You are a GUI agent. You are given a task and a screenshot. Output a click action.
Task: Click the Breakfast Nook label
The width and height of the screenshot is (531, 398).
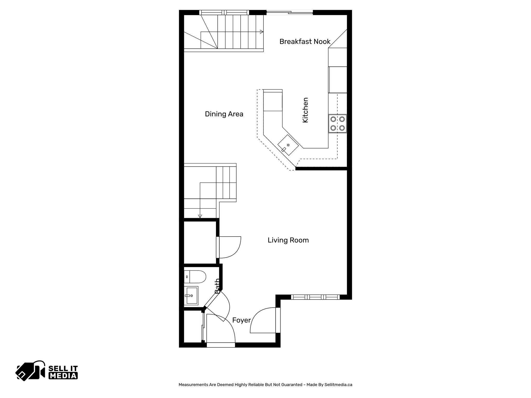(x=305, y=41)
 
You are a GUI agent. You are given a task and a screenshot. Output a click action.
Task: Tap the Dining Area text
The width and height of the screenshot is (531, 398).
(x=224, y=114)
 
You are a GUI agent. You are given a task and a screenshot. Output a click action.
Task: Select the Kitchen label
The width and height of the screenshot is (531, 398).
(x=305, y=110)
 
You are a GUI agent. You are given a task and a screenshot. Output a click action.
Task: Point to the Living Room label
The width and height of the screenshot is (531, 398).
(x=288, y=240)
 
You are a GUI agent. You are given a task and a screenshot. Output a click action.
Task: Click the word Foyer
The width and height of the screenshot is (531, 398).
(x=241, y=320)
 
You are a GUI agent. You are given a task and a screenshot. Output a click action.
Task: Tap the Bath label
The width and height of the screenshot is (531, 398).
(x=217, y=286)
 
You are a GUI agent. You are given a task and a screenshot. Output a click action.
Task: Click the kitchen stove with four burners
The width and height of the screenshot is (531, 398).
(x=338, y=124)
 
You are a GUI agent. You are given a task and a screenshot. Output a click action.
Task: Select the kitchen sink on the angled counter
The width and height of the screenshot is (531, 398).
(x=288, y=145)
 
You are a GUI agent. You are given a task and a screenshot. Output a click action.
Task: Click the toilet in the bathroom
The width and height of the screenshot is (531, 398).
(x=195, y=277)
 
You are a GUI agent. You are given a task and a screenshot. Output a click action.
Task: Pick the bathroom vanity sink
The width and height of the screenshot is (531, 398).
(x=191, y=295)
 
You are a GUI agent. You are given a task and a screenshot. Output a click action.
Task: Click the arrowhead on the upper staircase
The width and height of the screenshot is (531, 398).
(x=262, y=32)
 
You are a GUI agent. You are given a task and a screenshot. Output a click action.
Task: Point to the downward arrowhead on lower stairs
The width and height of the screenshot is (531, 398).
(x=200, y=216)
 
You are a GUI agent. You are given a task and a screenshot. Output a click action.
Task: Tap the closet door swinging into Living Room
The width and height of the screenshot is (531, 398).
(x=229, y=247)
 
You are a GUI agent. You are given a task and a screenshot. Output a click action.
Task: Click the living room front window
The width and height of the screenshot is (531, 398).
(x=315, y=297)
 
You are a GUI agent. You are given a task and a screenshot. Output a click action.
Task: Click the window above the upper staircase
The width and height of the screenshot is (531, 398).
(x=224, y=12)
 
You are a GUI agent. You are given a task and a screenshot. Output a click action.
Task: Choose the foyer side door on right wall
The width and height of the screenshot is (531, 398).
(x=278, y=320)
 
